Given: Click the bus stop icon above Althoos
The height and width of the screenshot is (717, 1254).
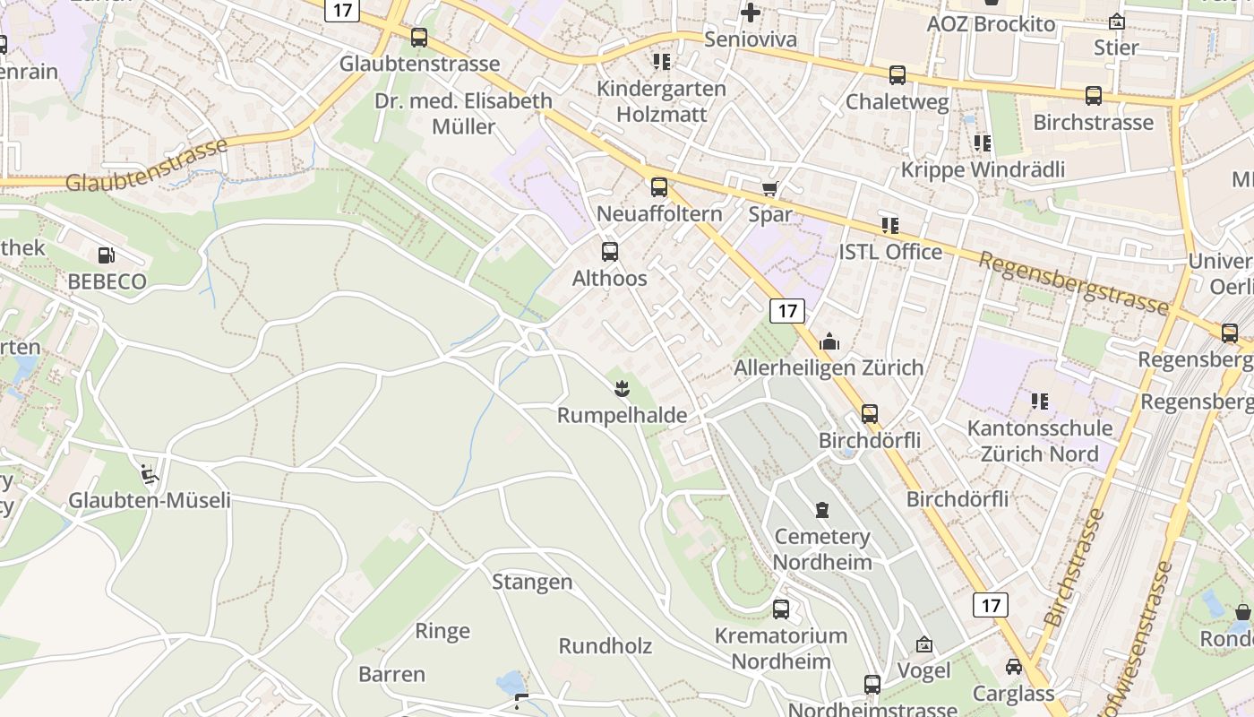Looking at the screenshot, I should click(x=610, y=251).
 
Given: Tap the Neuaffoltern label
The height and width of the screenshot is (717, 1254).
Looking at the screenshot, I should click(x=659, y=213).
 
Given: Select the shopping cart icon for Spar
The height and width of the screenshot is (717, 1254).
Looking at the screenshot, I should click(x=769, y=188).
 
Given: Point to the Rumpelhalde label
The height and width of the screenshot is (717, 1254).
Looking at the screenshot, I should click(x=622, y=415).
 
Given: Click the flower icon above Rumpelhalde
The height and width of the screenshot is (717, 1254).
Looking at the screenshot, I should click(x=620, y=389).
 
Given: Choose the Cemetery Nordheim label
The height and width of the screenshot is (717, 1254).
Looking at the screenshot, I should click(x=822, y=549).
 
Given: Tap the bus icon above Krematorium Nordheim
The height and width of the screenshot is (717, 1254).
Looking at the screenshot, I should click(x=781, y=609).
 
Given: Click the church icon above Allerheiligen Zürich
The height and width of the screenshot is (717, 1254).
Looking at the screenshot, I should click(x=829, y=341).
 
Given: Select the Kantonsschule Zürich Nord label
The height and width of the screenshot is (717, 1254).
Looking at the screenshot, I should click(x=1039, y=440).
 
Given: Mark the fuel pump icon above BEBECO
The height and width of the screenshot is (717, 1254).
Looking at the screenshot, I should click(x=106, y=255).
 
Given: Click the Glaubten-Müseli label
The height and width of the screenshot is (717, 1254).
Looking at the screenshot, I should click(x=150, y=500).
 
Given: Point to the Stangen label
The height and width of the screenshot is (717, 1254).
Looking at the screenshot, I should click(x=532, y=582).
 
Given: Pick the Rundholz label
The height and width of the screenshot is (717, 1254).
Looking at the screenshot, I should click(x=606, y=646).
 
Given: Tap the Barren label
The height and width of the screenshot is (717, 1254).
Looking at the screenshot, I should click(x=391, y=674).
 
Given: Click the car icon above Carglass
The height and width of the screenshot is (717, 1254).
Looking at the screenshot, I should click(x=1014, y=667).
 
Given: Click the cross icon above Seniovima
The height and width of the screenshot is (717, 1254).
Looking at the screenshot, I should click(x=751, y=13).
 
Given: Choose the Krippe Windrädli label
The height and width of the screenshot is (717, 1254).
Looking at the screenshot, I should click(x=983, y=169).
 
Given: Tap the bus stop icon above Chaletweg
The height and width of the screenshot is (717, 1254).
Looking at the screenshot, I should click(x=898, y=75).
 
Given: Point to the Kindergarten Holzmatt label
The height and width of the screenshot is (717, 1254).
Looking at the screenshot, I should click(x=661, y=101).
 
